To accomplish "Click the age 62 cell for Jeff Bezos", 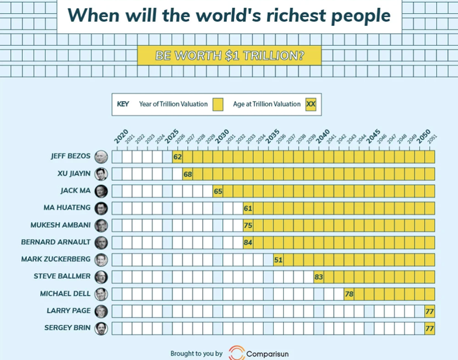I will [x=177, y=156].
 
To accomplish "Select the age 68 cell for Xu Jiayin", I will [x=188, y=173].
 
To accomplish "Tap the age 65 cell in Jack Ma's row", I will [x=218, y=191].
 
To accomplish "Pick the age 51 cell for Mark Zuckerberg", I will [x=279, y=259].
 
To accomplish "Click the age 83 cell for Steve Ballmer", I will [x=319, y=276].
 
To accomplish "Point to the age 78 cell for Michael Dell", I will [x=349, y=294].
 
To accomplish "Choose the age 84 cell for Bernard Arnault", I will [x=248, y=242].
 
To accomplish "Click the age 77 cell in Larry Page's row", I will [x=429, y=311].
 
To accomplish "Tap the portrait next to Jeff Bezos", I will [x=101, y=156].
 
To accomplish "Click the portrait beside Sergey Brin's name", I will [x=101, y=329].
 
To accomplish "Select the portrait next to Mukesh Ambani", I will [x=101, y=225].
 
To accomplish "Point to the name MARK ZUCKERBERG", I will [x=56, y=259].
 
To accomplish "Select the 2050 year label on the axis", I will [x=424, y=137].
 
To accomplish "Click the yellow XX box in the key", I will [x=311, y=104].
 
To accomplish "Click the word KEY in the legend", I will [x=123, y=104].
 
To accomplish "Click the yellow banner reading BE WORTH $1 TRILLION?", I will [x=229, y=56].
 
